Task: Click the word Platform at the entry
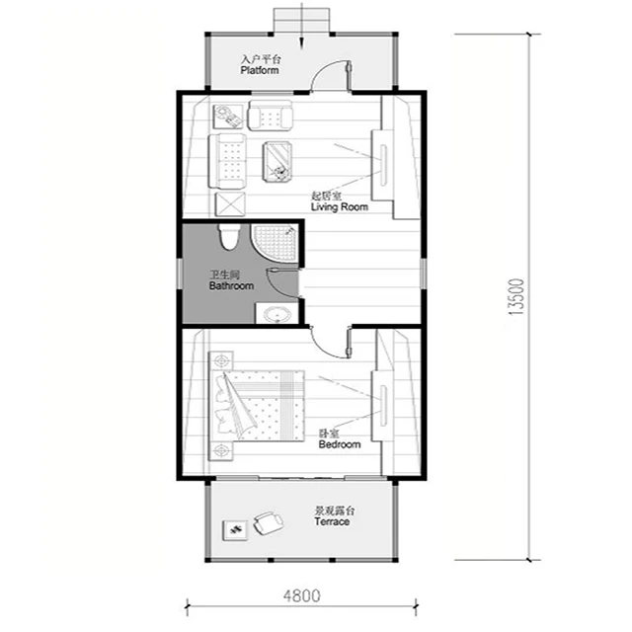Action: pos(260,71)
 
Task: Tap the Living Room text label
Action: pos(339,207)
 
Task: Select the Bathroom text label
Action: pos(231,285)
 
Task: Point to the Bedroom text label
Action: pos(339,444)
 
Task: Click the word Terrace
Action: pos(332,521)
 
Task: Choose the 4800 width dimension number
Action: pos(300,596)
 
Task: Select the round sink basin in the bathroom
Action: pos(276,315)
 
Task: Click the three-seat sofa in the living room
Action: pos(229,164)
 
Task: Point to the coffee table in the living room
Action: pos(278,162)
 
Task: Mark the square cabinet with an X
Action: pos(229,204)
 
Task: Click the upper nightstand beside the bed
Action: pos(223,357)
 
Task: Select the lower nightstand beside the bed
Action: pos(223,451)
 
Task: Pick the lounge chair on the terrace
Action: pos(267,521)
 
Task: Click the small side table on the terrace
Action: pos(237,530)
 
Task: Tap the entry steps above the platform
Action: pos(299,18)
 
